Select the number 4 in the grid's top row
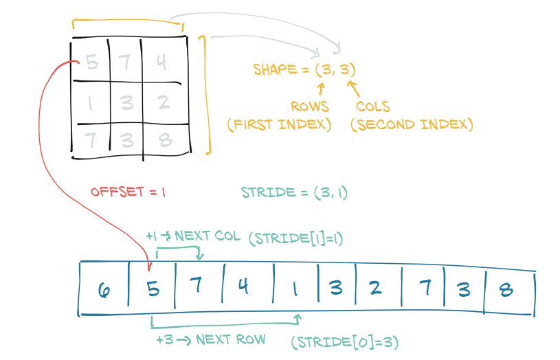click(x=161, y=63)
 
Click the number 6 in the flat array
click(x=104, y=290)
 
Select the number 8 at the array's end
click(x=506, y=289)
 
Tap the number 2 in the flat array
click(x=374, y=289)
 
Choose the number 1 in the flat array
click(x=295, y=289)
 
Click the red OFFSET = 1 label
click(x=128, y=192)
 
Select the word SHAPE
click(x=273, y=69)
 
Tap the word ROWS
click(x=309, y=106)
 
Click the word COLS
click(x=373, y=106)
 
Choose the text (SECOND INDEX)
click(x=412, y=124)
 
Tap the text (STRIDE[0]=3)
click(x=346, y=341)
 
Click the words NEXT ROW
click(x=230, y=339)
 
